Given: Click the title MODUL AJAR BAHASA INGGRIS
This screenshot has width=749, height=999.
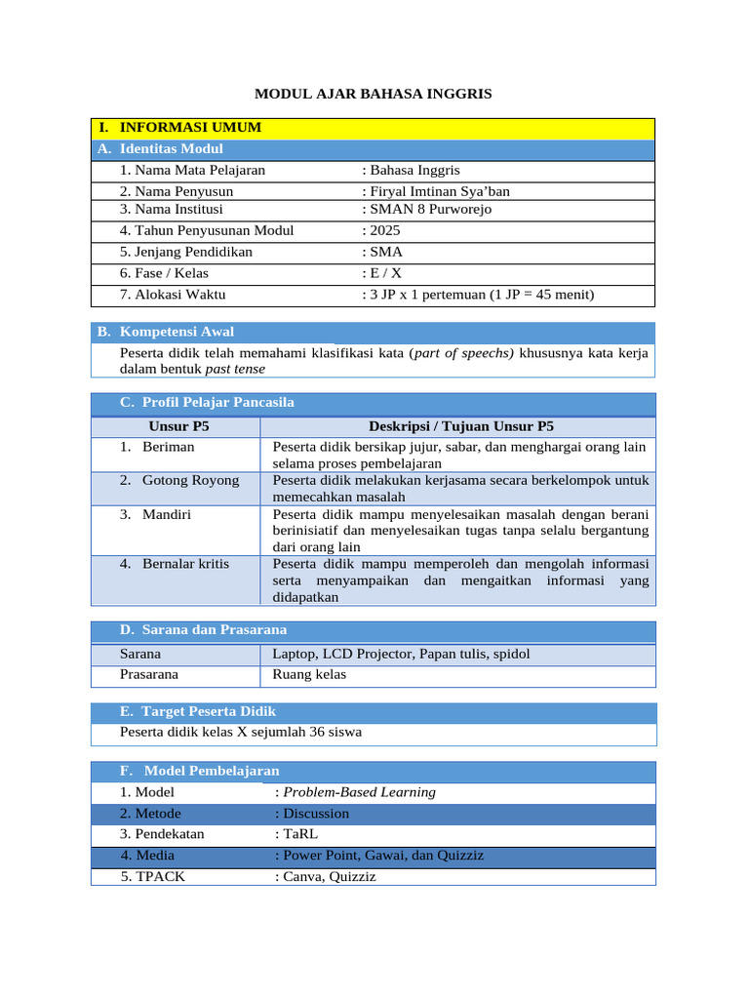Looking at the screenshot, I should [x=374, y=94].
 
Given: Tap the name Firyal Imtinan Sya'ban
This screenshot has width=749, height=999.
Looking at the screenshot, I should [x=438, y=191].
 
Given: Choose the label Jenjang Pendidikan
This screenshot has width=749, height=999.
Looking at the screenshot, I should [x=186, y=252].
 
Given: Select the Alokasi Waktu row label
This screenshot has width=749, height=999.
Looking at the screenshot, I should [x=174, y=295].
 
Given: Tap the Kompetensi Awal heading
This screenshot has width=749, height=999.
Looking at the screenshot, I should [x=177, y=332].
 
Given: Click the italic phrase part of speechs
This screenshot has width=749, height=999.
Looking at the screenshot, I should [x=464, y=352].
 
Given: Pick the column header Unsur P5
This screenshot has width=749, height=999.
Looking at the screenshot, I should [x=178, y=426].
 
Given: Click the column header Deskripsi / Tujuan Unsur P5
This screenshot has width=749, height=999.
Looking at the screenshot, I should [x=460, y=426].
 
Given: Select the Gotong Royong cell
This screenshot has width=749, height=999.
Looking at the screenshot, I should [x=190, y=480].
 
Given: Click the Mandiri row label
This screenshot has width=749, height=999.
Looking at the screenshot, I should [x=167, y=513].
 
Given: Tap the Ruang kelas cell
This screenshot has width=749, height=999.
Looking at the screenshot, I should [x=309, y=674].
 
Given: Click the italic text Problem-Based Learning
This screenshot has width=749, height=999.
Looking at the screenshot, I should [x=359, y=792].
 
